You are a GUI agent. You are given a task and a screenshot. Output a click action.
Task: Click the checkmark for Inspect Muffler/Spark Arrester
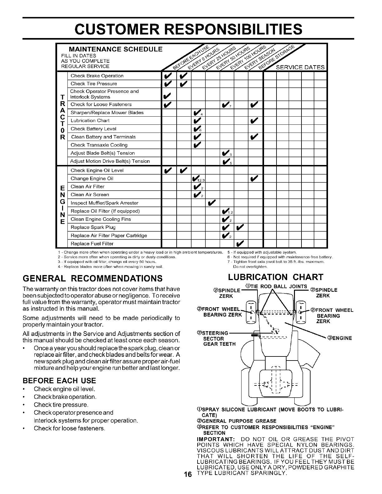click(212, 203)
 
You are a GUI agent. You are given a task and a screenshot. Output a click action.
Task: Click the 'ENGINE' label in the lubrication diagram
click(340, 338)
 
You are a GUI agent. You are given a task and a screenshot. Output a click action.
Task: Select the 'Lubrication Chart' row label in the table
click(90, 121)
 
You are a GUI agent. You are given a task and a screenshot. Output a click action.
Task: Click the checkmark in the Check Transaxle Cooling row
click(197, 145)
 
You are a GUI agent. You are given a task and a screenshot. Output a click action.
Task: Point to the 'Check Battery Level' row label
click(93, 129)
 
